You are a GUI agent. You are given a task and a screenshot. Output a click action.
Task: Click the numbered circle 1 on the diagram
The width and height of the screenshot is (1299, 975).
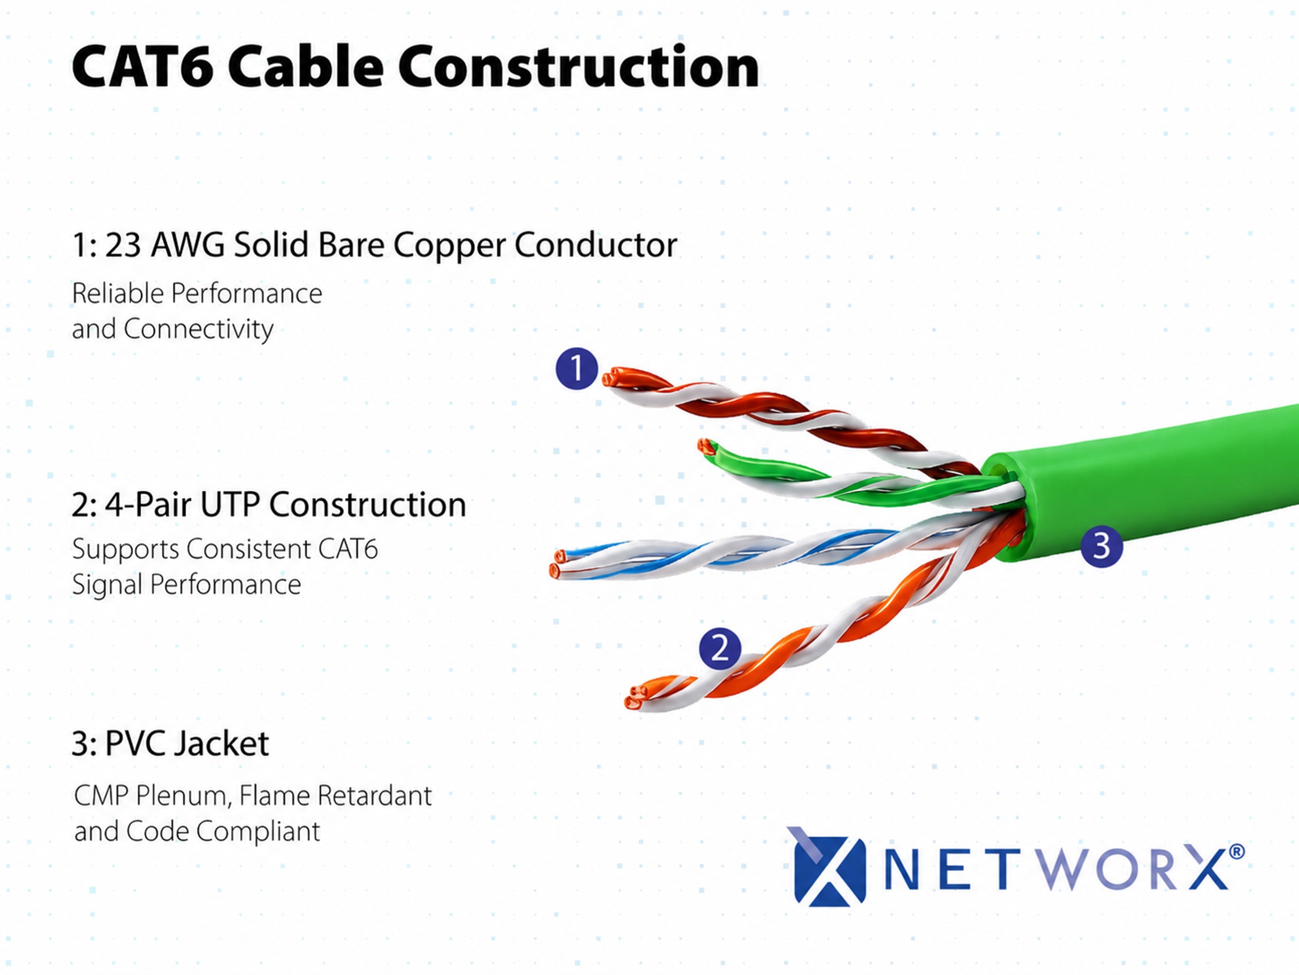pyautogui.click(x=577, y=368)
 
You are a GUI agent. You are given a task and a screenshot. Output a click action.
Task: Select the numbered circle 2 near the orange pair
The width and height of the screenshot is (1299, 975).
pyautogui.click(x=720, y=649)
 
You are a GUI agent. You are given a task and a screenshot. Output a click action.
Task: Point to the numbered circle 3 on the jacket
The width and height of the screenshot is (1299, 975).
pyautogui.click(x=1102, y=546)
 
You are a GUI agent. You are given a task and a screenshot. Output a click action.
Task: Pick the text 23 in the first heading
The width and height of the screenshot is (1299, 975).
pyautogui.click(x=123, y=245)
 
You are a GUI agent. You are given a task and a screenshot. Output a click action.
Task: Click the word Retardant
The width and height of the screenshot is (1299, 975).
pyautogui.click(x=375, y=796)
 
